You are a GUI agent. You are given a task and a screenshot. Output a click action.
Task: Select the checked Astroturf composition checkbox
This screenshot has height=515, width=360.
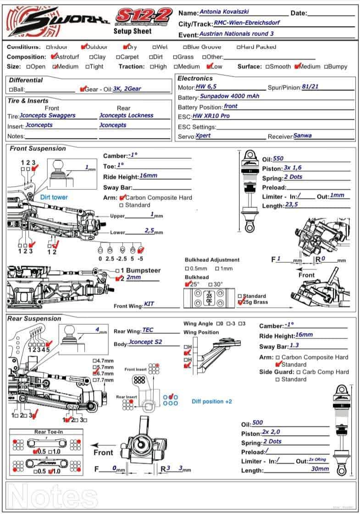click(x=54, y=57)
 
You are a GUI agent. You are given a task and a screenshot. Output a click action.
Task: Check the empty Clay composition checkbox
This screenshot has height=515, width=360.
click(x=91, y=57)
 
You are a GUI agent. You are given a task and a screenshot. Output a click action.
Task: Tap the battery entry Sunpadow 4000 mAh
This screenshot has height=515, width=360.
click(x=230, y=97)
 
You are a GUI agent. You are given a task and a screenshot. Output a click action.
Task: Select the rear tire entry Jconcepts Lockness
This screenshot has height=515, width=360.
click(x=126, y=116)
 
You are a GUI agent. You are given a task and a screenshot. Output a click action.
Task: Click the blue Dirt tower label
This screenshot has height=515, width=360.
click(x=54, y=197)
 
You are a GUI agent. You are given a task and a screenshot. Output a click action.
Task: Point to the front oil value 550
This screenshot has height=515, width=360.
click(x=278, y=159)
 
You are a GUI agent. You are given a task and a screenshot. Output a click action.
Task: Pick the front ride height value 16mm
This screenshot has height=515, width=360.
click(x=148, y=176)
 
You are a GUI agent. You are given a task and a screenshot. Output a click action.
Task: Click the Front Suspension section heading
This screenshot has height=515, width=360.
click(x=38, y=149)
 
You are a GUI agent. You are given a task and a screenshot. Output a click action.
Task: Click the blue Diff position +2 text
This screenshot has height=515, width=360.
click(x=212, y=401)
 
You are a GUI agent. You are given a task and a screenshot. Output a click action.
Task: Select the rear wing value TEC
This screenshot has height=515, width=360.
click(x=148, y=330)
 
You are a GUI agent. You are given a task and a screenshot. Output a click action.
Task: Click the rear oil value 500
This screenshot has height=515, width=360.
click(x=258, y=423)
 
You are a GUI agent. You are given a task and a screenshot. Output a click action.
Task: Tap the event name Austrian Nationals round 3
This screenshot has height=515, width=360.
click(x=237, y=34)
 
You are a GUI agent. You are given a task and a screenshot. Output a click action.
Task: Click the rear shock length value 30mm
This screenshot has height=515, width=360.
click(x=320, y=469)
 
